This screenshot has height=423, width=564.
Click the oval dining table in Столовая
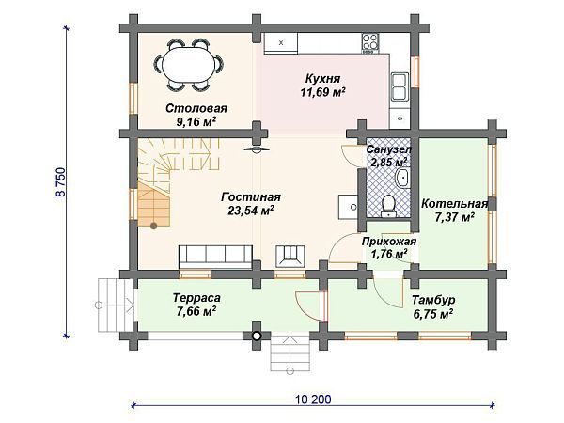coord(189,65)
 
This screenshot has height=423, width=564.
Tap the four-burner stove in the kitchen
coord(370,42)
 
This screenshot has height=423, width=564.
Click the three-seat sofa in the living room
coord(214,255)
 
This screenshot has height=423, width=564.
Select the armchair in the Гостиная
coord(290,255)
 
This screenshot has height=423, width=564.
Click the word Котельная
coord(454,204)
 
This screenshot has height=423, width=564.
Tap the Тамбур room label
coord(434,301)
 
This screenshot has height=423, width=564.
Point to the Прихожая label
coord(389,241)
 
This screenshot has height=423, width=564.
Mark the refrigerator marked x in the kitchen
coord(281,43)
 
